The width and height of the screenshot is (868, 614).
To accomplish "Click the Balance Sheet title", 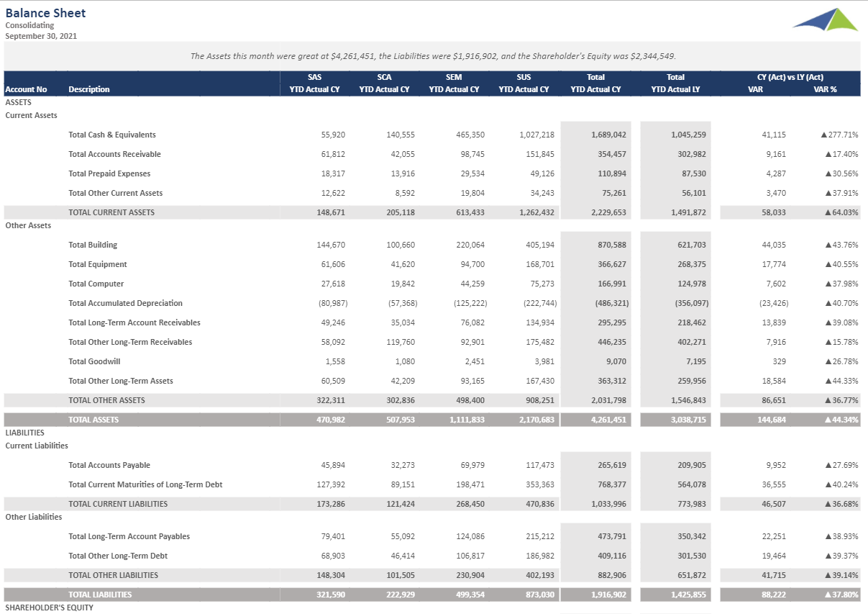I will pyautogui.click(x=45, y=13).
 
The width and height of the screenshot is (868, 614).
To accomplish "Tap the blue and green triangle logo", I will pyautogui.click(x=826, y=20).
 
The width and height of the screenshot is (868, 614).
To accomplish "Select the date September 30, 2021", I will pyautogui.click(x=41, y=36).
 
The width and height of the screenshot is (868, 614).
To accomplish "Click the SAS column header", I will pyautogui.click(x=314, y=77).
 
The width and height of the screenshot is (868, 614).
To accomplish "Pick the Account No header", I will pyautogui.click(x=26, y=89).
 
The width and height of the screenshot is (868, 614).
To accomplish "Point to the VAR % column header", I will pyautogui.click(x=825, y=89).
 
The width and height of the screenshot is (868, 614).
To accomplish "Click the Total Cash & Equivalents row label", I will pyautogui.click(x=111, y=135).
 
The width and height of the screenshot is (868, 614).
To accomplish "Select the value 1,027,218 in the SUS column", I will pyautogui.click(x=536, y=135).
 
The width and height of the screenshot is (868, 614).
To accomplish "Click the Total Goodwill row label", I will pyautogui.click(x=94, y=361).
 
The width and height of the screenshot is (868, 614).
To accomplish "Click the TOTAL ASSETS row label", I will pyautogui.click(x=93, y=420).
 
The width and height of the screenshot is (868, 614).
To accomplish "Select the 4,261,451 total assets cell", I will pyautogui.click(x=606, y=420).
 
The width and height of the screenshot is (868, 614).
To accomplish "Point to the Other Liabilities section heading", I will pyautogui.click(x=34, y=517).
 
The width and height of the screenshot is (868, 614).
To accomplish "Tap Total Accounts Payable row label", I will pyautogui.click(x=109, y=465).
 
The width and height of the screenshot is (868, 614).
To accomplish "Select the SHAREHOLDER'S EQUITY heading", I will pyautogui.click(x=49, y=608).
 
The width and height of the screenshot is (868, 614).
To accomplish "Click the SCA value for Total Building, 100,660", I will pyautogui.click(x=401, y=245).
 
